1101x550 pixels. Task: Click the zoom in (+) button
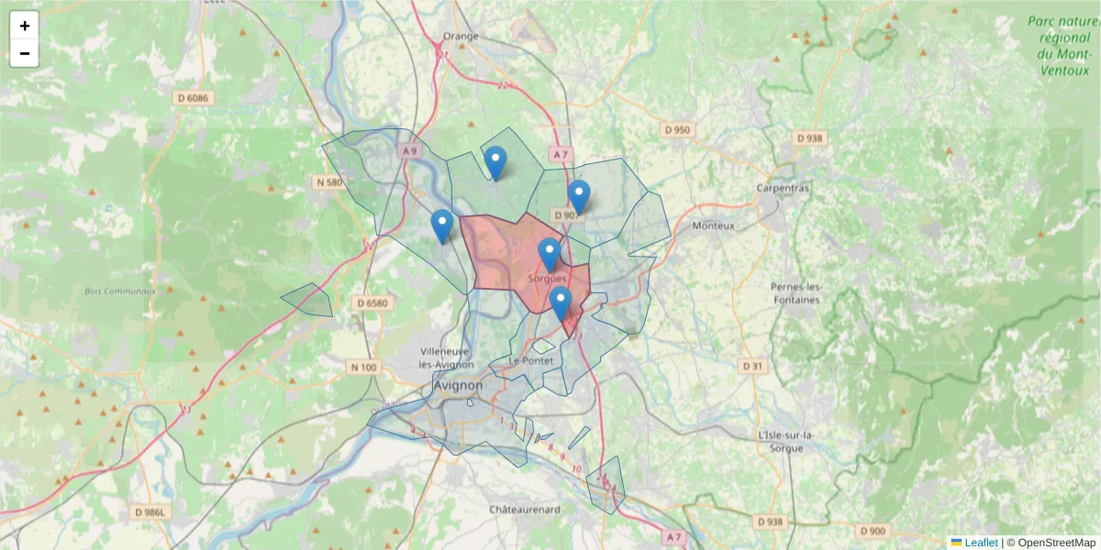(x=25, y=26)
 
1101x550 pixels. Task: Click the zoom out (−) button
(x=25, y=53)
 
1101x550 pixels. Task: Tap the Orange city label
(x=461, y=36)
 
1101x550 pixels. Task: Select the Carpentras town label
(x=783, y=188)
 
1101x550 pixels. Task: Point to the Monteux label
(x=714, y=225)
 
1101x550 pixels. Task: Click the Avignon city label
(x=458, y=386)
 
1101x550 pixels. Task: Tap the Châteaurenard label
(x=524, y=508)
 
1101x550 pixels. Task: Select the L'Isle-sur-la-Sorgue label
(x=781, y=441)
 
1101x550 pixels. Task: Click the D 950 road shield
(x=675, y=130)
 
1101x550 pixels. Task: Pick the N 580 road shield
(x=328, y=182)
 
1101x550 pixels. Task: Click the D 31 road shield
(x=751, y=367)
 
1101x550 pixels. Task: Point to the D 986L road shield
(x=149, y=511)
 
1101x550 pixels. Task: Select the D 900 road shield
(x=873, y=531)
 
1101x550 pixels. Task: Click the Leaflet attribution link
(x=980, y=543)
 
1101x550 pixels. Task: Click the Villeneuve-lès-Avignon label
(x=445, y=357)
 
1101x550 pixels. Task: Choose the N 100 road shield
(x=363, y=368)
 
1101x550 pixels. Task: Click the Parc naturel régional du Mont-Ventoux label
(x=1063, y=45)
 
